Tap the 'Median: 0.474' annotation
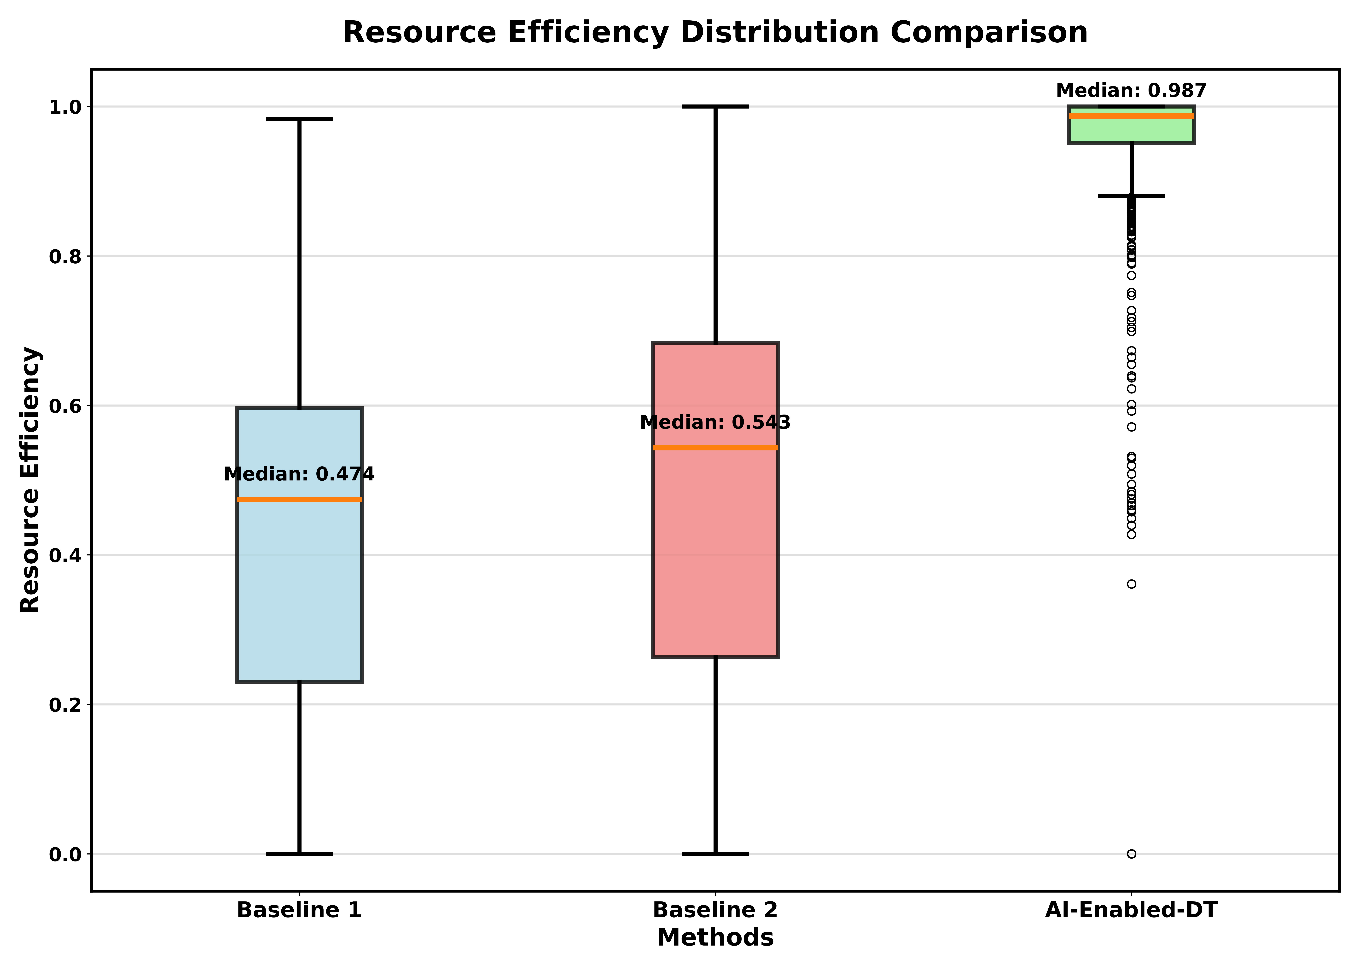[x=299, y=474]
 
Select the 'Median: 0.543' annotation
[x=715, y=422]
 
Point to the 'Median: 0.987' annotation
[x=1131, y=91]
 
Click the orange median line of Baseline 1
[x=299, y=499]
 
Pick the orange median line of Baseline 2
[x=715, y=447]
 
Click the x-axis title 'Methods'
[x=715, y=938]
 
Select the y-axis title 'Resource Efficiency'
[x=30, y=480]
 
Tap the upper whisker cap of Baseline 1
[x=299, y=119]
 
